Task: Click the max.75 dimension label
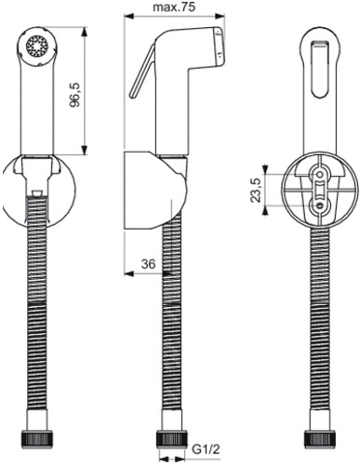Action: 174,7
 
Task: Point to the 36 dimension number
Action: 146,264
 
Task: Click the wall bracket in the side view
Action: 149,186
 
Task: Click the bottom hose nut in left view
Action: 37,437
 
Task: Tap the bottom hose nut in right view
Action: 318,437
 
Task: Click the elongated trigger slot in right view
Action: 318,74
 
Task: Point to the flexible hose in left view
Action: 37,316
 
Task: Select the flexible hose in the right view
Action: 318,325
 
